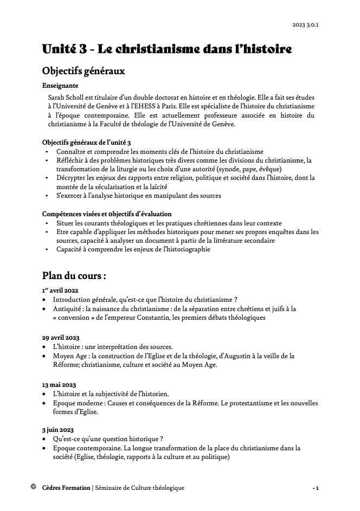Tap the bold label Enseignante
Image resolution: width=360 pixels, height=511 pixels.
(60, 85)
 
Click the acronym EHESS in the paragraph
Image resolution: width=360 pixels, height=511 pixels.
(171, 106)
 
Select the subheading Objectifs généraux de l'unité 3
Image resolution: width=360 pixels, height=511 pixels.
(86, 142)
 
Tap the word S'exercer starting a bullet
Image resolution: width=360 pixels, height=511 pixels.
(71, 195)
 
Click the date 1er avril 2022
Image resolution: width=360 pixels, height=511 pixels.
(60, 290)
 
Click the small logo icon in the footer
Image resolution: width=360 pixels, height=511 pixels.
(34, 487)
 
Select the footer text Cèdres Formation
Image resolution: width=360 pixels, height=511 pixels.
(66, 488)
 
